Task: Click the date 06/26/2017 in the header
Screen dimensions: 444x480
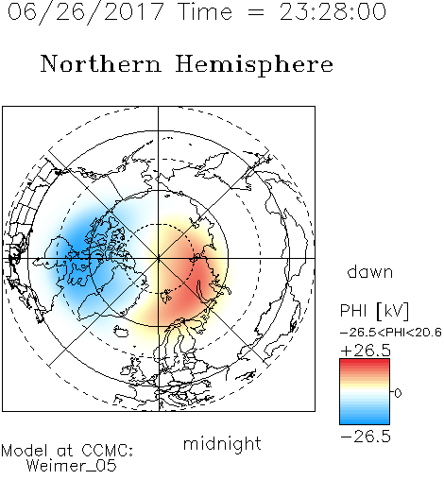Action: (86, 12)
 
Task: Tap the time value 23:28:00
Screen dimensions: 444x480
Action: (333, 12)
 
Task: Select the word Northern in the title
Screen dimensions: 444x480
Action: (101, 63)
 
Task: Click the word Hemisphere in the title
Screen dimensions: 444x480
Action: (254, 65)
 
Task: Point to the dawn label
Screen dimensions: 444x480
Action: (370, 271)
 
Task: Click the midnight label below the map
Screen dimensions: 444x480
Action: (222, 443)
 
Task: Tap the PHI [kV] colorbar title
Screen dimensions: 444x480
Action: (375, 311)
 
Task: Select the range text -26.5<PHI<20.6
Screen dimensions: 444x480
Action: (391, 333)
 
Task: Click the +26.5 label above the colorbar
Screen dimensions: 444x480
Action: (366, 351)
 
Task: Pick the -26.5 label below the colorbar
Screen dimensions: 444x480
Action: (366, 437)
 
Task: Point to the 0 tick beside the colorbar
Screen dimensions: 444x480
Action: (398, 393)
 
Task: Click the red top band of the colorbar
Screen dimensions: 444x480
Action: (365, 364)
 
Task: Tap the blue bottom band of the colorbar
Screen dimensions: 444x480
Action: (365, 420)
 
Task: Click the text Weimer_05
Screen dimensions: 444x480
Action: (71, 466)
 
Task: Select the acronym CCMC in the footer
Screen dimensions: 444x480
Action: (107, 451)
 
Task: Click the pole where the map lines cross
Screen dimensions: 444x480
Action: (159, 258)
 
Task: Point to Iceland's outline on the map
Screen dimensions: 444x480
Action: (121, 331)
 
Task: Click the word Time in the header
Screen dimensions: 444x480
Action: (205, 11)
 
